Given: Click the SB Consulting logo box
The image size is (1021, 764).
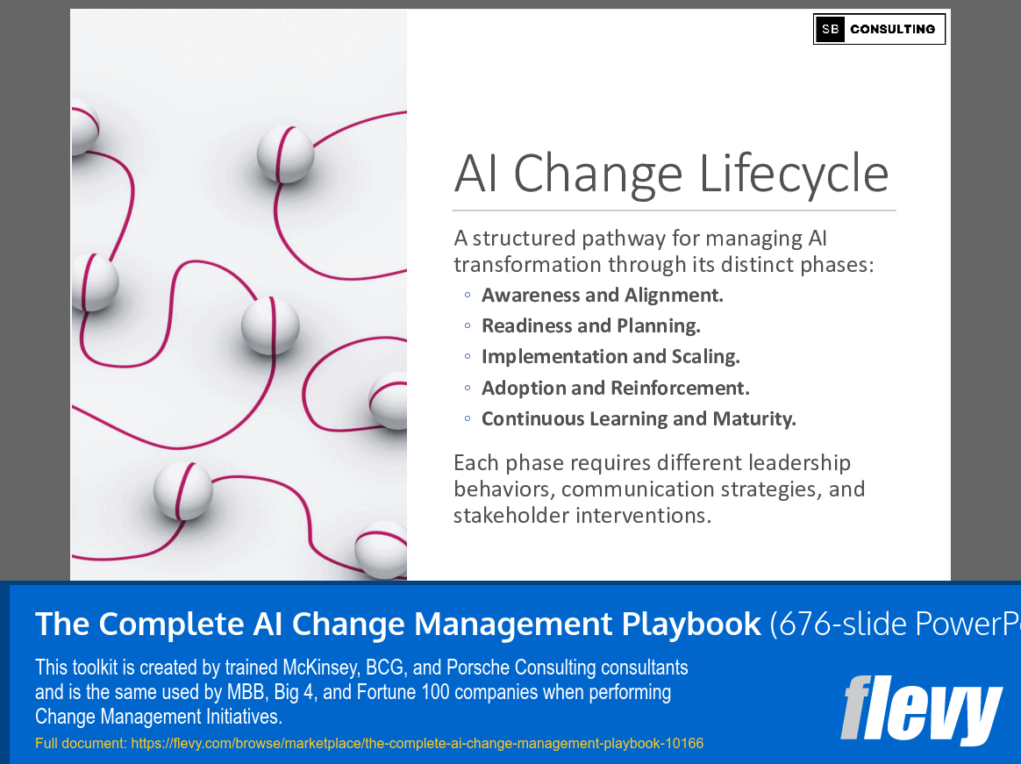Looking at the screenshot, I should [x=879, y=29].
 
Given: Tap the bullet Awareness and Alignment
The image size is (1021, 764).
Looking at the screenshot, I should [x=602, y=295].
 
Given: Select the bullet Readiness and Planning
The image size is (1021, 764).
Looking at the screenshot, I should [x=590, y=325].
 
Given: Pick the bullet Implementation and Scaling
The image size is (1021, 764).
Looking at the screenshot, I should [x=610, y=356].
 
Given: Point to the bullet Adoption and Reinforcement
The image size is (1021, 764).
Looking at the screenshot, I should [x=615, y=388].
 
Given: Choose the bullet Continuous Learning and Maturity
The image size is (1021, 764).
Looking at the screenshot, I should [x=639, y=418].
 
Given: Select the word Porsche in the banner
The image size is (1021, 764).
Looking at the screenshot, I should [x=472, y=668].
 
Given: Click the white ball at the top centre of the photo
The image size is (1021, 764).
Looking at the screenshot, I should [x=285, y=154].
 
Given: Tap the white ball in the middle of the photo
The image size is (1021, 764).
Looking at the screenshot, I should [x=270, y=325].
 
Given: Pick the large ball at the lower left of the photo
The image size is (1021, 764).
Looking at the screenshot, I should [x=182, y=490].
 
